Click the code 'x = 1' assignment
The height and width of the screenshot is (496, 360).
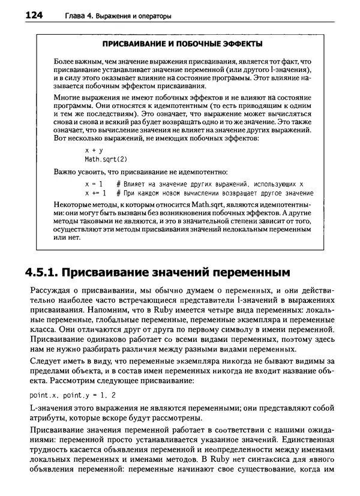pyautogui.click(x=95, y=182)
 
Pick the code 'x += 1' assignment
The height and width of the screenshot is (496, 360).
pyautogui.click(x=96, y=193)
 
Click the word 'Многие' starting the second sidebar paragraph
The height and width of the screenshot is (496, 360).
pyautogui.click(x=67, y=96)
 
